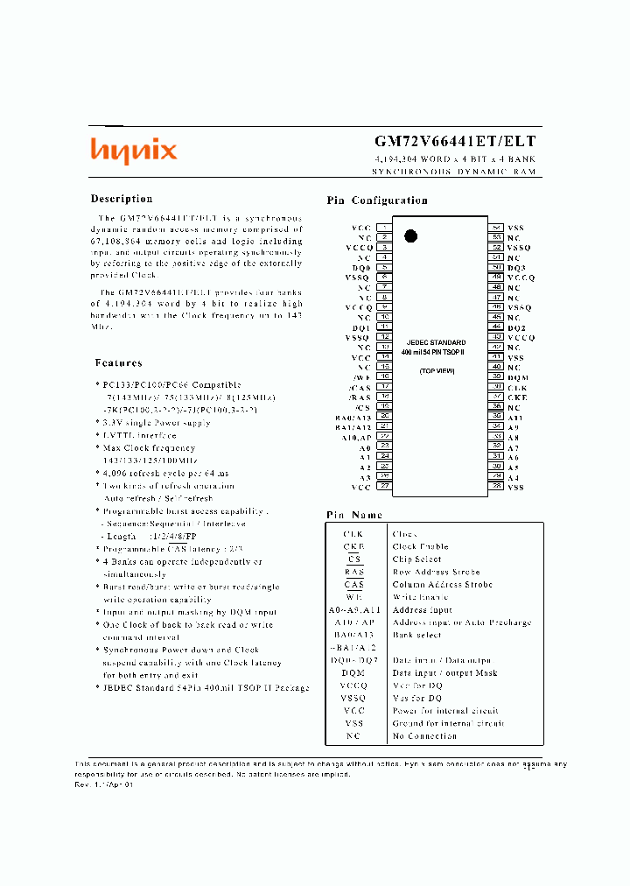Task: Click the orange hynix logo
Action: [134, 151]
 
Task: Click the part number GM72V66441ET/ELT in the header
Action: [455, 141]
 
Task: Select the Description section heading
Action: [122, 199]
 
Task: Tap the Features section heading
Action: [118, 362]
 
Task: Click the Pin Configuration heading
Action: [377, 200]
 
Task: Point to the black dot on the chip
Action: [410, 235]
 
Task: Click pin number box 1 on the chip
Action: [383, 228]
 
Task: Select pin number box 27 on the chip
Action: [383, 487]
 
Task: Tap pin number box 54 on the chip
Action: [496, 228]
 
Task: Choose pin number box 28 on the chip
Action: [496, 487]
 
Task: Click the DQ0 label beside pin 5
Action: [362, 267]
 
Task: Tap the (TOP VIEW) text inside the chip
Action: [436, 371]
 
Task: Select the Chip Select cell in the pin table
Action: [416, 559]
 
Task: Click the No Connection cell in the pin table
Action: [423, 736]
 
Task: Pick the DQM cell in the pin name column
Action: [353, 673]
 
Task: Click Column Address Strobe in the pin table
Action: [442, 585]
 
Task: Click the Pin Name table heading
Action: [354, 516]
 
